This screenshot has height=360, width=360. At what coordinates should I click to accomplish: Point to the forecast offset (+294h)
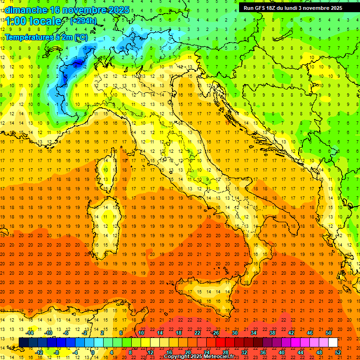pyautogui.click(x=83, y=21)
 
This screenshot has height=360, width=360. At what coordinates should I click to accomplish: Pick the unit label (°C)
pyautogui.click(x=81, y=37)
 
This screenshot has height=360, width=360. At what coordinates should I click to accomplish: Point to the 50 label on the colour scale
pyautogui.click(x=329, y=333)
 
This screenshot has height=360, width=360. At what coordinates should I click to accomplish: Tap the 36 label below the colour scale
pyautogui.click(x=262, y=352)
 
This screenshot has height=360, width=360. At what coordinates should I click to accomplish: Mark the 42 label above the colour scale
pyautogui.click(x=291, y=333)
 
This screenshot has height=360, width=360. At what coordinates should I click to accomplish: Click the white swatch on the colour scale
pyautogui.click(x=333, y=342)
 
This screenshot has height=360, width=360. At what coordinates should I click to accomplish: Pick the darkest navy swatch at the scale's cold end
pyautogui.click(x=23, y=342)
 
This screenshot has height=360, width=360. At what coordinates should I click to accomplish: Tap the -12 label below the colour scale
pyautogui.click(x=38, y=352)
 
